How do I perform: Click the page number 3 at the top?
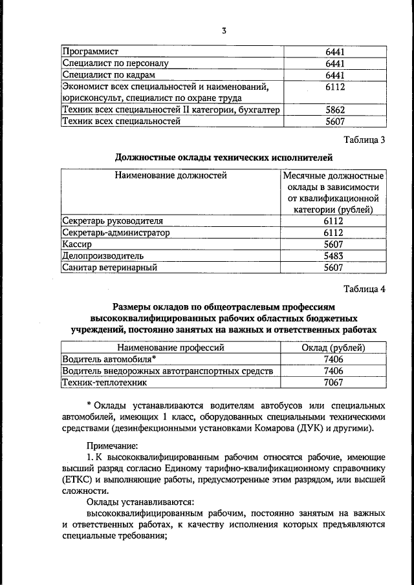tap(223, 31)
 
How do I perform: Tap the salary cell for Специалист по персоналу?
tap(334, 63)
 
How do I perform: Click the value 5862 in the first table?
tap(334, 110)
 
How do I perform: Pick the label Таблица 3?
tap(365, 140)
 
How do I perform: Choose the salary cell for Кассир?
tap(334, 244)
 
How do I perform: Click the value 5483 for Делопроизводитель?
tap(334, 256)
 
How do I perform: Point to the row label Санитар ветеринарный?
tap(110, 268)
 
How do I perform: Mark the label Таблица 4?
tap(365, 288)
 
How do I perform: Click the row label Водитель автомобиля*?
tap(109, 359)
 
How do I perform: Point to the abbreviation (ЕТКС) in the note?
tap(81, 481)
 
